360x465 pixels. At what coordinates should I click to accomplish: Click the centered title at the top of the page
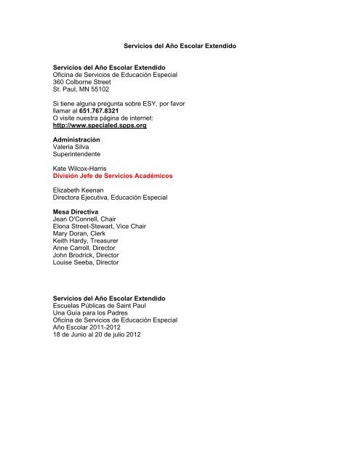180,46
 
